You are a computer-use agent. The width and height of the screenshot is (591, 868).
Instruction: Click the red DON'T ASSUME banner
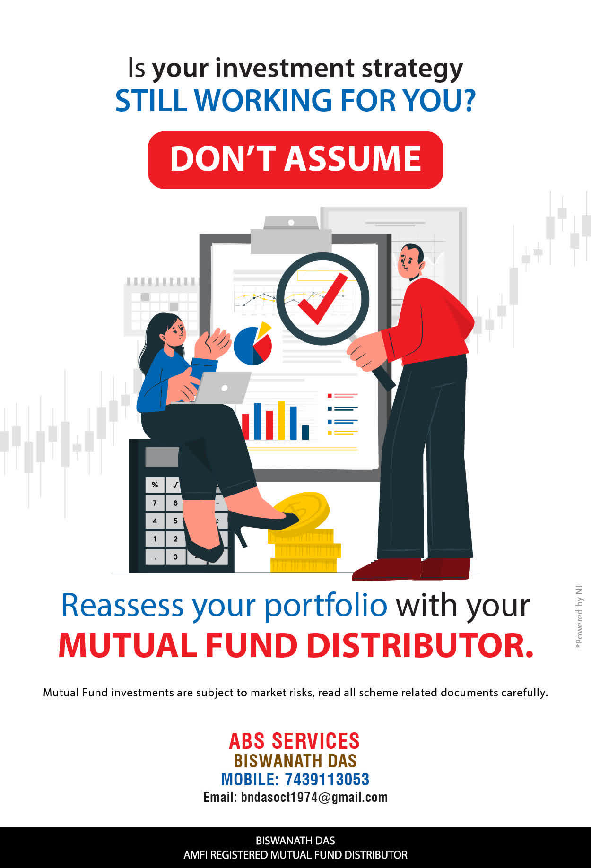click(x=295, y=160)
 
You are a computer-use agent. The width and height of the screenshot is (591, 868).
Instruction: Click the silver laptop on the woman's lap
click(x=222, y=388)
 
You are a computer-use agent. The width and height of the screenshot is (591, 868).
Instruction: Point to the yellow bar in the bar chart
click(x=281, y=420)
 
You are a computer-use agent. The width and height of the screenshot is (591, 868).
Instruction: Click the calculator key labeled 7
click(x=155, y=503)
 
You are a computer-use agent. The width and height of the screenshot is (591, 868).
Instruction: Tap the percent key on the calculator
click(x=155, y=485)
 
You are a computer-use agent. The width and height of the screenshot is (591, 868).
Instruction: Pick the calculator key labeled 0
click(x=175, y=556)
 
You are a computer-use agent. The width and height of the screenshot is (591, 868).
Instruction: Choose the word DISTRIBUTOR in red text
click(x=420, y=646)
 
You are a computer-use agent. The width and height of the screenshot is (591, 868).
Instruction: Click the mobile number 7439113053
click(x=327, y=779)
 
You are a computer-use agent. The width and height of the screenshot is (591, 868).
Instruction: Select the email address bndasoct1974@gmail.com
click(x=314, y=798)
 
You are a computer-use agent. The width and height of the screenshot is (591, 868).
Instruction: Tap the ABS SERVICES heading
click(x=295, y=741)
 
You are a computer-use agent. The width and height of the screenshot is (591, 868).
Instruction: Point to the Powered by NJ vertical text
click(x=579, y=617)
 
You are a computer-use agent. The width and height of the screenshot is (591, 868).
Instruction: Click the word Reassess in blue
click(x=122, y=605)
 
